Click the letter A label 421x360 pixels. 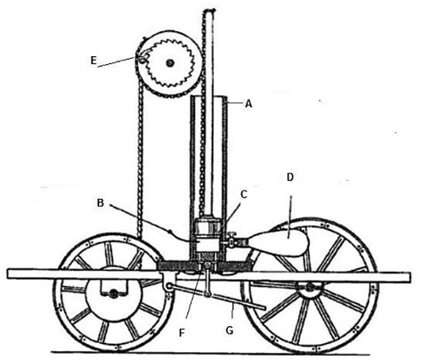point(248,103)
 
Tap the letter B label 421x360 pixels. point(101,203)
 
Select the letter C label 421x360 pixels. point(244,194)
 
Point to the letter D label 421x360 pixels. point(290,177)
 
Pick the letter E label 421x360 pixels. point(93,61)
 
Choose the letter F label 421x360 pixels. point(182,333)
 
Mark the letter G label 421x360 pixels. point(230,331)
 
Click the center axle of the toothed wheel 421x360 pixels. point(170,62)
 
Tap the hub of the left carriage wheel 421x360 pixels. point(113,293)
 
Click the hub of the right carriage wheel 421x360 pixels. point(310,288)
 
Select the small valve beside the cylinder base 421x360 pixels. point(231,240)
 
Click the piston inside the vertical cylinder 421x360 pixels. point(207,227)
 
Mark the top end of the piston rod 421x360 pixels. point(209,12)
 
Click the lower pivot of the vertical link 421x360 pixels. point(207,295)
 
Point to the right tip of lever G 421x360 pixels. point(264,308)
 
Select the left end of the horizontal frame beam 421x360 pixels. point(8,274)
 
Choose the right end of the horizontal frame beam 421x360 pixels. point(409,277)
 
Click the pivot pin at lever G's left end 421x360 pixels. point(169,286)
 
